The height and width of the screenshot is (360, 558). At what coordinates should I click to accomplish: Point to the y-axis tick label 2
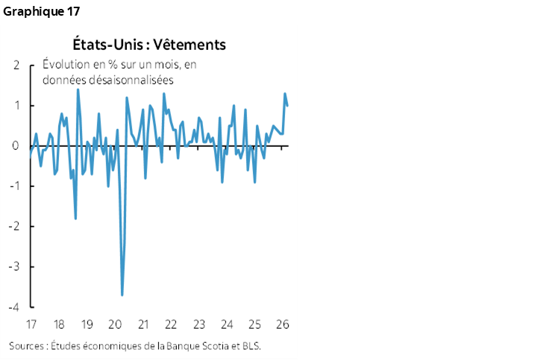click(x=16, y=66)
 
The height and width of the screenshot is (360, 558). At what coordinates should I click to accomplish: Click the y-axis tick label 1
click(x=16, y=106)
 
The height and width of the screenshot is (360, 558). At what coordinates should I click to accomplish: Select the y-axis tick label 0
click(x=16, y=146)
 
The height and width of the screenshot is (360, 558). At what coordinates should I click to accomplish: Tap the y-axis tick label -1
click(x=14, y=186)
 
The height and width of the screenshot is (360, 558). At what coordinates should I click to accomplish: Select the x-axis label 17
click(x=31, y=325)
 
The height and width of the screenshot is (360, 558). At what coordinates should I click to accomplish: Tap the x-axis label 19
click(x=87, y=325)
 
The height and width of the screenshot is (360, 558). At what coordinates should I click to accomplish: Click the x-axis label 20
click(x=115, y=325)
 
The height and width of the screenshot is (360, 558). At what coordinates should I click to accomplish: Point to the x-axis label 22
click(x=171, y=325)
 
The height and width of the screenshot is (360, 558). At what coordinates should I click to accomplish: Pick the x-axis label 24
click(x=227, y=325)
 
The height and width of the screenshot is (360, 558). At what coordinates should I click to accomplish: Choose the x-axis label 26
click(x=283, y=325)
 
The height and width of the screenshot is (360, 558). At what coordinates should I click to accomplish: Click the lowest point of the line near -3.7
click(x=122, y=295)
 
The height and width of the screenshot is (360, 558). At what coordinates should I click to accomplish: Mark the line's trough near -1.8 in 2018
click(x=75, y=218)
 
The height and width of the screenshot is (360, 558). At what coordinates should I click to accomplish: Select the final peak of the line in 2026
click(x=285, y=94)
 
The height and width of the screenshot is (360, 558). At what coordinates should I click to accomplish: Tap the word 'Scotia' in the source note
click(x=224, y=346)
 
